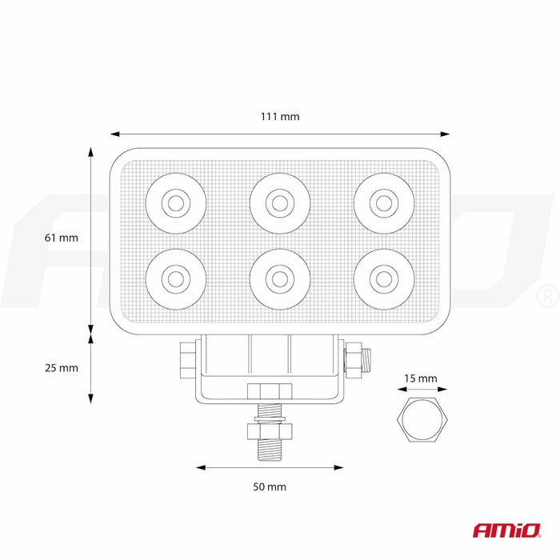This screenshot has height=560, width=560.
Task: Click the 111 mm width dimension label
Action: coord(280,117)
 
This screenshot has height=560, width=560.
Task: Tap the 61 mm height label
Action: coord(62,238)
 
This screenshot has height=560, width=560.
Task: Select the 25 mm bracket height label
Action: coord(62,367)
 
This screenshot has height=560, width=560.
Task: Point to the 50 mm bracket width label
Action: coord(270,486)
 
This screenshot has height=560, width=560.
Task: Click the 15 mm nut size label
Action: coord(421,378)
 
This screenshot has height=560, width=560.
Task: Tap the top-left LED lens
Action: coord(176,203)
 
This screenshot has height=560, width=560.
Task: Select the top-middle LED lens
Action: coord(280,203)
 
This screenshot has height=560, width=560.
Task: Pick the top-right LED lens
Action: coord(384,203)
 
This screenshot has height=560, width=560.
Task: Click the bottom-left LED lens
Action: coord(176,279)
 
